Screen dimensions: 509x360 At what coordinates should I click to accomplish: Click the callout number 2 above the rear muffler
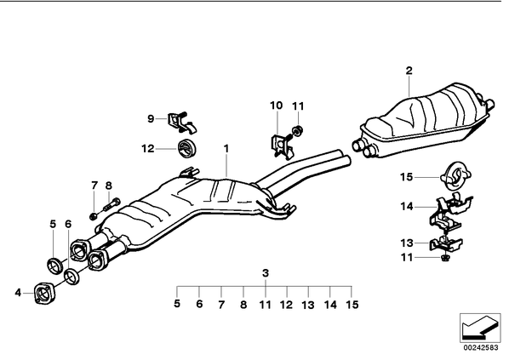[x=409, y=71]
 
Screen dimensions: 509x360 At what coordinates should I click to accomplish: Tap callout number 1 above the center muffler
[x=226, y=149]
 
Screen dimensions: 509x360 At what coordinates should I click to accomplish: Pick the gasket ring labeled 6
[x=71, y=277]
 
